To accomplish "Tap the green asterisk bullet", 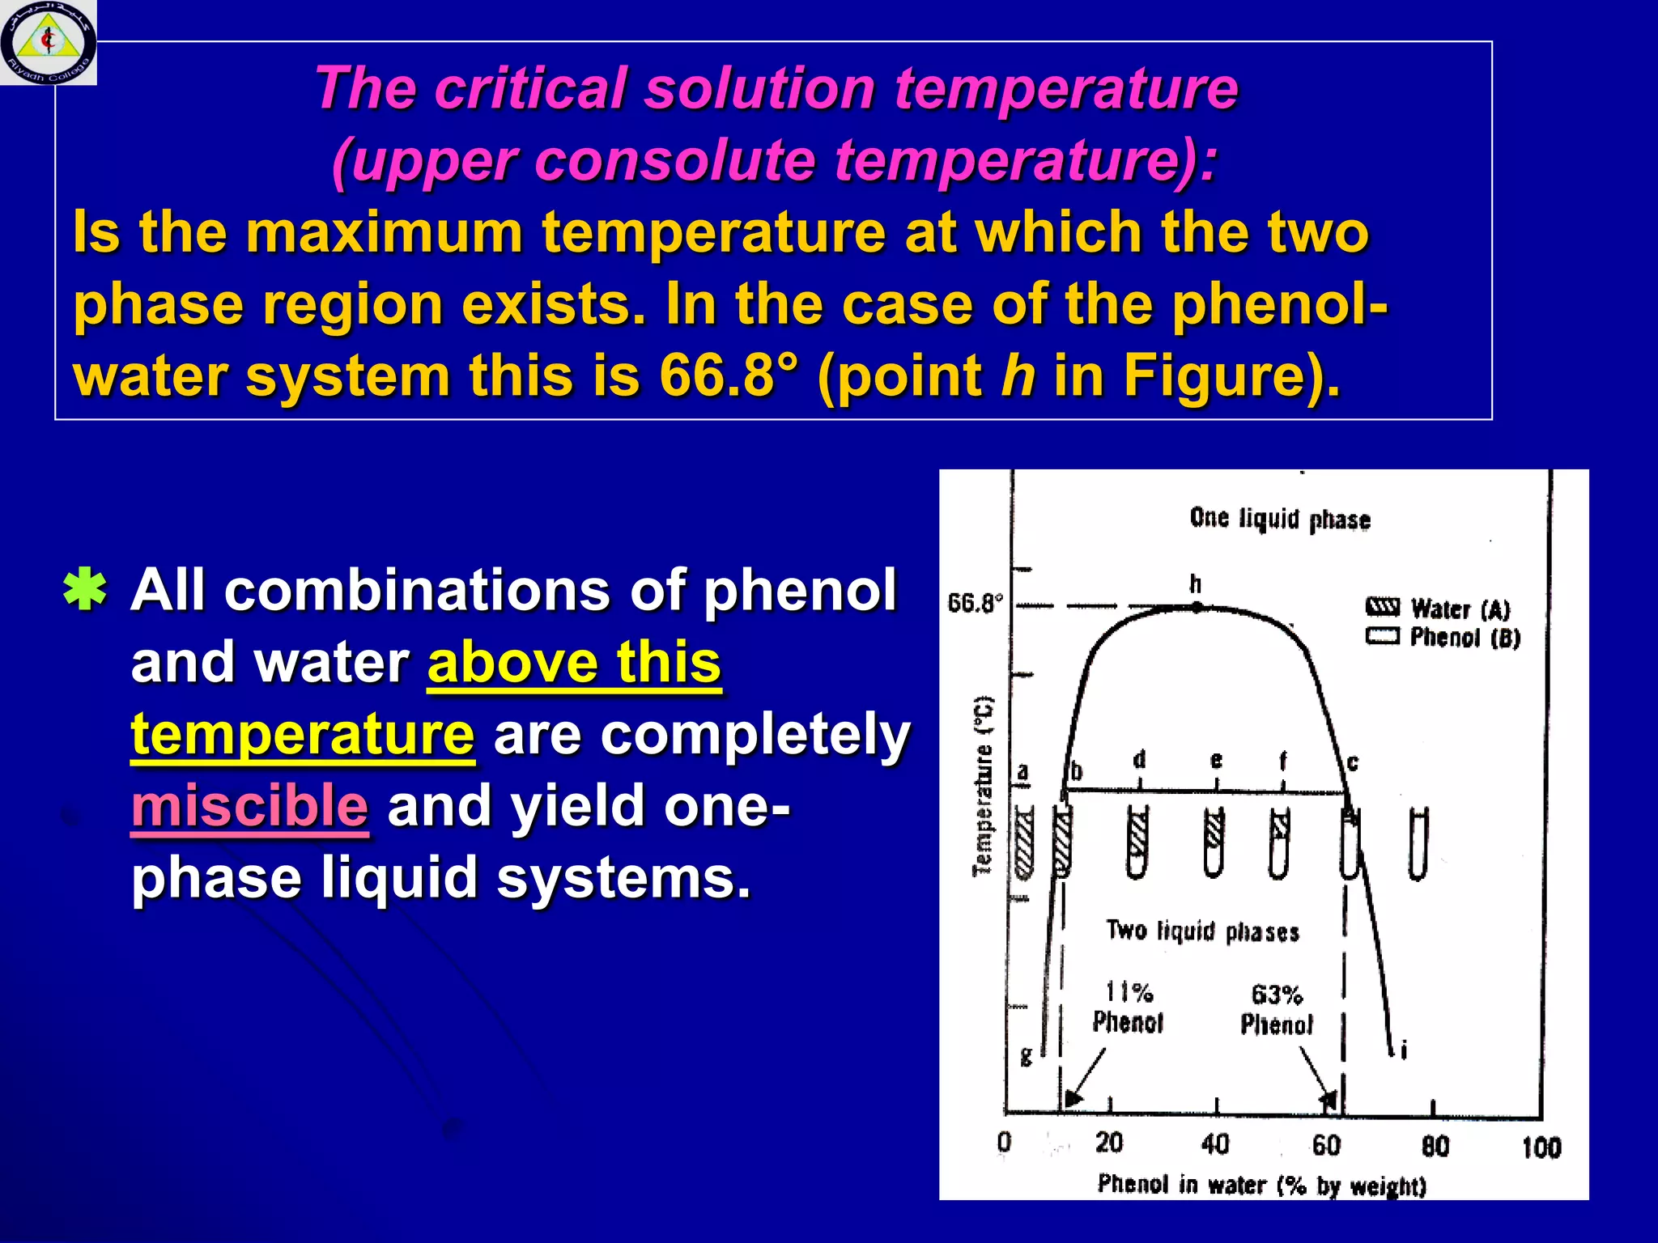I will pyautogui.click(x=85, y=592).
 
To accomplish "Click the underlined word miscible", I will pyautogui.click(x=249, y=806).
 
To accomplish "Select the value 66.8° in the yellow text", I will pyautogui.click(x=728, y=376).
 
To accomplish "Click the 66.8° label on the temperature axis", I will pyautogui.click(x=975, y=603).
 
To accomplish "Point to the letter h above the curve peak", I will pyautogui.click(x=1196, y=583).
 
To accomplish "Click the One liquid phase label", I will pyautogui.click(x=1279, y=519).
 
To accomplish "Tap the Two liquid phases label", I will pyautogui.click(x=1202, y=931).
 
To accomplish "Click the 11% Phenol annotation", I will pyautogui.click(x=1128, y=1008).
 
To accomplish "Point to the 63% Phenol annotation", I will pyautogui.click(x=1277, y=1010).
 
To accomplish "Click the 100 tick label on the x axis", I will pyautogui.click(x=1541, y=1147).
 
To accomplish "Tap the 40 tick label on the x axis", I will pyautogui.click(x=1215, y=1144).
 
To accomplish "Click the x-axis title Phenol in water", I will pyautogui.click(x=1261, y=1185).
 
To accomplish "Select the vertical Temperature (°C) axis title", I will pyautogui.click(x=982, y=785).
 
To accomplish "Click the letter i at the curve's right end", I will pyautogui.click(x=1404, y=1050).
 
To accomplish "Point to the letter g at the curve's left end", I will pyautogui.click(x=1027, y=1056).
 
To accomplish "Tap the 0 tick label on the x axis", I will pyautogui.click(x=1004, y=1142).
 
